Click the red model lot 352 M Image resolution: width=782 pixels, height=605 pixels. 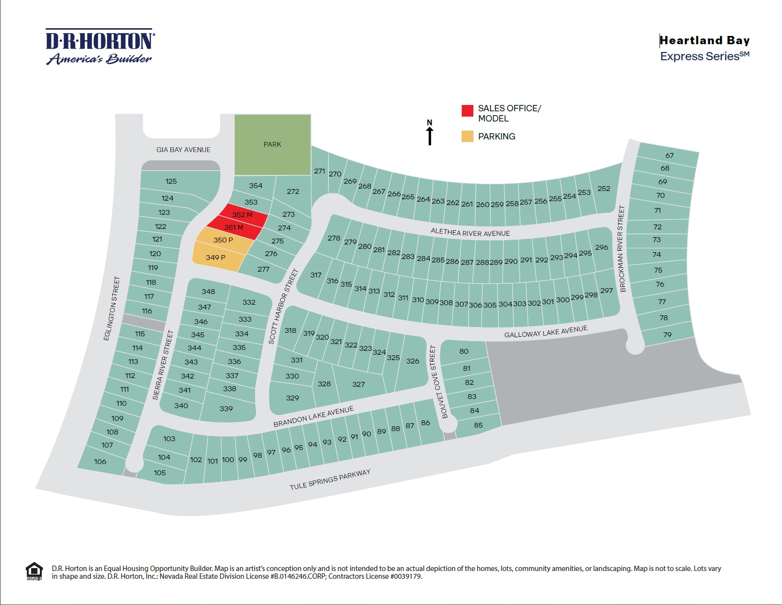point(242,215)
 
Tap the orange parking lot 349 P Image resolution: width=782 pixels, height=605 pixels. point(216,258)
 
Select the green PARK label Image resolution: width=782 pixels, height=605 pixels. point(272,144)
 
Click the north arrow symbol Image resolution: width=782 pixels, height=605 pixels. point(430,133)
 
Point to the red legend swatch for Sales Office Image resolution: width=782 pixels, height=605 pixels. point(467,111)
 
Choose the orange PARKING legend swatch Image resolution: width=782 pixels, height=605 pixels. point(467,136)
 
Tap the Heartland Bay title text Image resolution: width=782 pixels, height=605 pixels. point(704,40)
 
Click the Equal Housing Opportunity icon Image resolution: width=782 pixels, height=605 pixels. point(34,571)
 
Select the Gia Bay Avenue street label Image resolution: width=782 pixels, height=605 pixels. point(183,150)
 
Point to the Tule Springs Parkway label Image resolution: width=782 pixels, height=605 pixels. point(330,480)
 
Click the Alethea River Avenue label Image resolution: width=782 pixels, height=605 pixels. point(470,233)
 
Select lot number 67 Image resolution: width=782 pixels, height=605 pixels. point(670,156)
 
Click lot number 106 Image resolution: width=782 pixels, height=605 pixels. point(100,462)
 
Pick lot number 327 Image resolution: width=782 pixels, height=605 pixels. point(358,384)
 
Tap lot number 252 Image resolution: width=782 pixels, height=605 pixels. point(604,189)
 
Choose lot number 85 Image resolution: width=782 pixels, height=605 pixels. point(478,425)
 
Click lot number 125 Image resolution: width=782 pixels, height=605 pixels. point(171,181)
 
